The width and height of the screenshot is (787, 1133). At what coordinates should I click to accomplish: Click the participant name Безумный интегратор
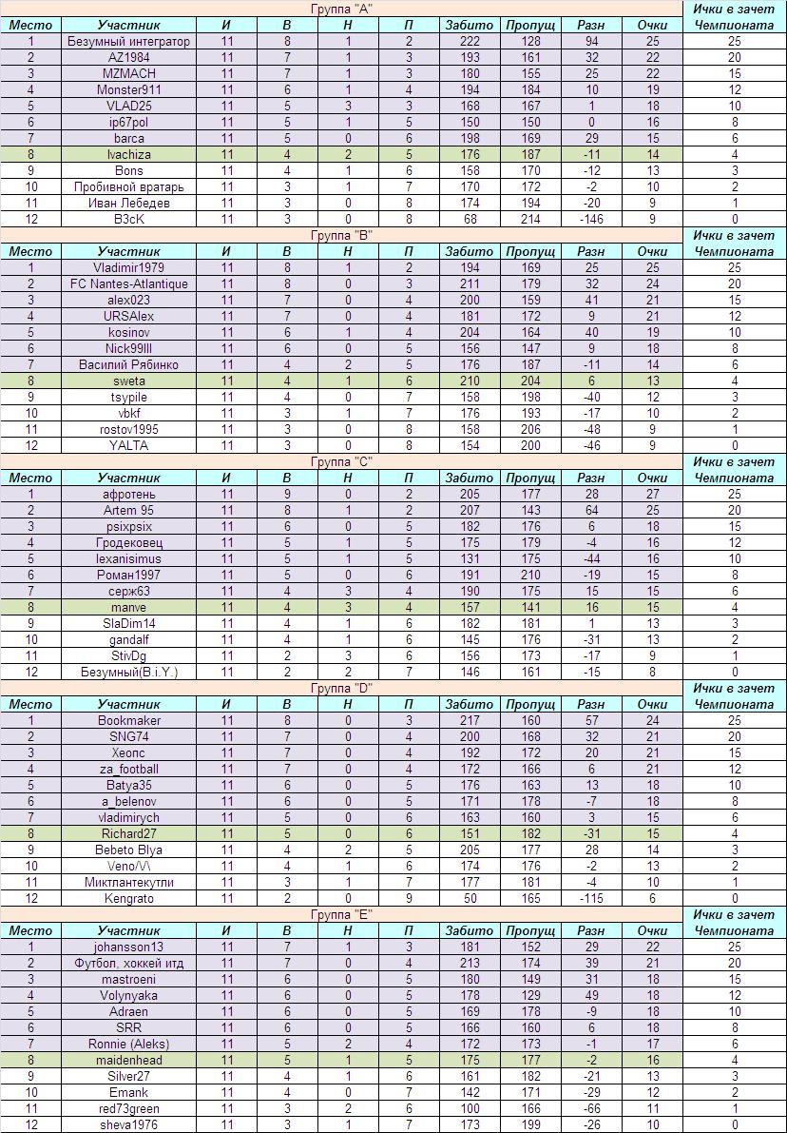click(x=128, y=41)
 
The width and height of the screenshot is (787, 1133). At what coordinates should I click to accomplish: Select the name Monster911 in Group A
click(x=128, y=89)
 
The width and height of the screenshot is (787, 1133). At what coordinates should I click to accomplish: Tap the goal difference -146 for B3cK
click(x=590, y=219)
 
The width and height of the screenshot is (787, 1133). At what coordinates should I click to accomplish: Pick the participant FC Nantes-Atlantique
click(x=128, y=283)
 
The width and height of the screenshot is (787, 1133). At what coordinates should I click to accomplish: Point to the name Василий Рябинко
click(x=128, y=364)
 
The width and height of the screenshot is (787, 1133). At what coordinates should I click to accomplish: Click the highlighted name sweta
click(x=128, y=381)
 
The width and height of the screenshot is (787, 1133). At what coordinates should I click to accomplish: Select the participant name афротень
click(x=128, y=494)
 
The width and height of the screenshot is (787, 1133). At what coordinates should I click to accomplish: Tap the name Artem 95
click(x=128, y=510)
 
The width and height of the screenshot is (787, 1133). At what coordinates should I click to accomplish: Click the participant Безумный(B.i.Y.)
click(x=128, y=672)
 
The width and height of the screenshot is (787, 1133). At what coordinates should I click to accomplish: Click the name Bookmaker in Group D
click(x=128, y=720)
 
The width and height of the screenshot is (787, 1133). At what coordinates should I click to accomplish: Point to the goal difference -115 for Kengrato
click(x=590, y=898)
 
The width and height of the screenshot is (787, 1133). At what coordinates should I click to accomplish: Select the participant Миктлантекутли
click(x=128, y=882)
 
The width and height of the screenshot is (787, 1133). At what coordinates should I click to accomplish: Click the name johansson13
click(x=128, y=947)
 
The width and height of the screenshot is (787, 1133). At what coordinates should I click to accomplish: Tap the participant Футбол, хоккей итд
click(x=128, y=963)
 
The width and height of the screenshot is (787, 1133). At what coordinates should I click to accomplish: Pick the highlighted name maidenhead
click(x=128, y=1060)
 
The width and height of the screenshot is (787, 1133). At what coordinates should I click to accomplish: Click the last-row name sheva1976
click(x=128, y=1124)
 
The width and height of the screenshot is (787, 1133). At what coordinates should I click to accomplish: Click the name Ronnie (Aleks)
click(x=128, y=1044)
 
